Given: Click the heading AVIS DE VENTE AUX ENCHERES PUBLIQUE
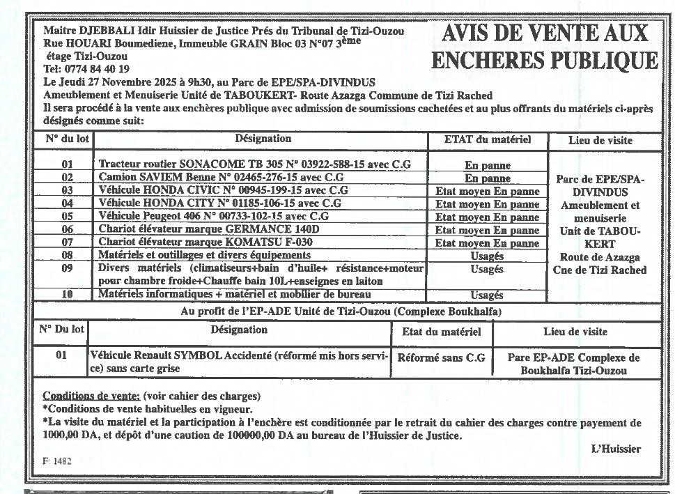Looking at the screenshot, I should [544, 47].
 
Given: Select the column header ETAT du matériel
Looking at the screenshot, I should [487, 140].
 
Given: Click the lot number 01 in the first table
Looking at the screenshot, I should [67, 165].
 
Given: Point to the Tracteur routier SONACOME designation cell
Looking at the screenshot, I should [254, 164].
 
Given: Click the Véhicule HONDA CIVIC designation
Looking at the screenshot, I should [223, 190].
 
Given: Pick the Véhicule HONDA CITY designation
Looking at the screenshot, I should [219, 203].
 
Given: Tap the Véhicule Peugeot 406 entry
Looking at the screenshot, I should [213, 216].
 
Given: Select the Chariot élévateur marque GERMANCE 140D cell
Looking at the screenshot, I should [209, 229].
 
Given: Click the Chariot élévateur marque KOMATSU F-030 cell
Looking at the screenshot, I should [205, 242].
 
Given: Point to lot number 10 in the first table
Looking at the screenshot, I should [67, 295].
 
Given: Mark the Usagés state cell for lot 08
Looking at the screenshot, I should [487, 256].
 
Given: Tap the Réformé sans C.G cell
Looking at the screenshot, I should [441, 358].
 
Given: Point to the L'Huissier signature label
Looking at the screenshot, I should [616, 449].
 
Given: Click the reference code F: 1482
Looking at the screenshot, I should [57, 461].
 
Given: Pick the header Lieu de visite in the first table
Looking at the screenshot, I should [600, 141].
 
